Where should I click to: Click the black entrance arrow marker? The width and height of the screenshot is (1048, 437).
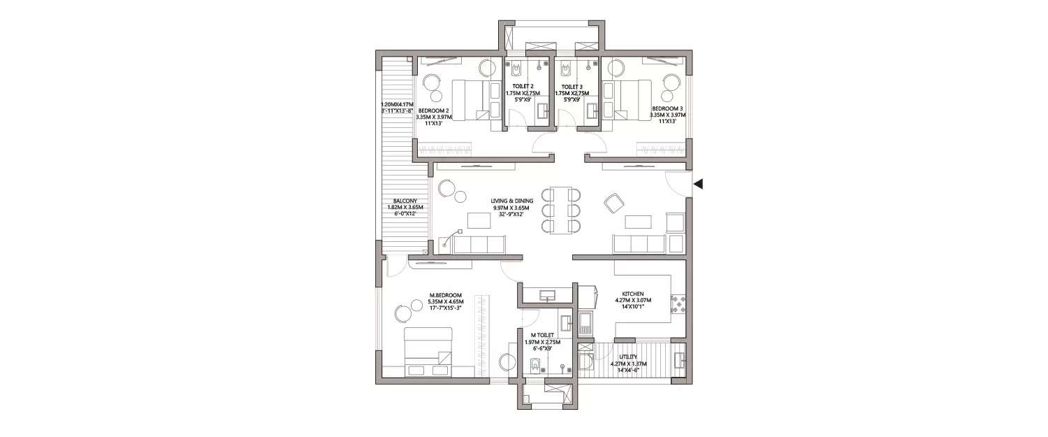click(698, 184)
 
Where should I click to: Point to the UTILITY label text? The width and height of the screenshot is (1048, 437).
click(628, 357)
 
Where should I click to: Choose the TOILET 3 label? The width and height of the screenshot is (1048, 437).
click(572, 87)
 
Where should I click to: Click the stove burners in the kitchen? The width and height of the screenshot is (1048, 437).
click(677, 302)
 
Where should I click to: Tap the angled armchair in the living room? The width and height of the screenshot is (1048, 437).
click(614, 203)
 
